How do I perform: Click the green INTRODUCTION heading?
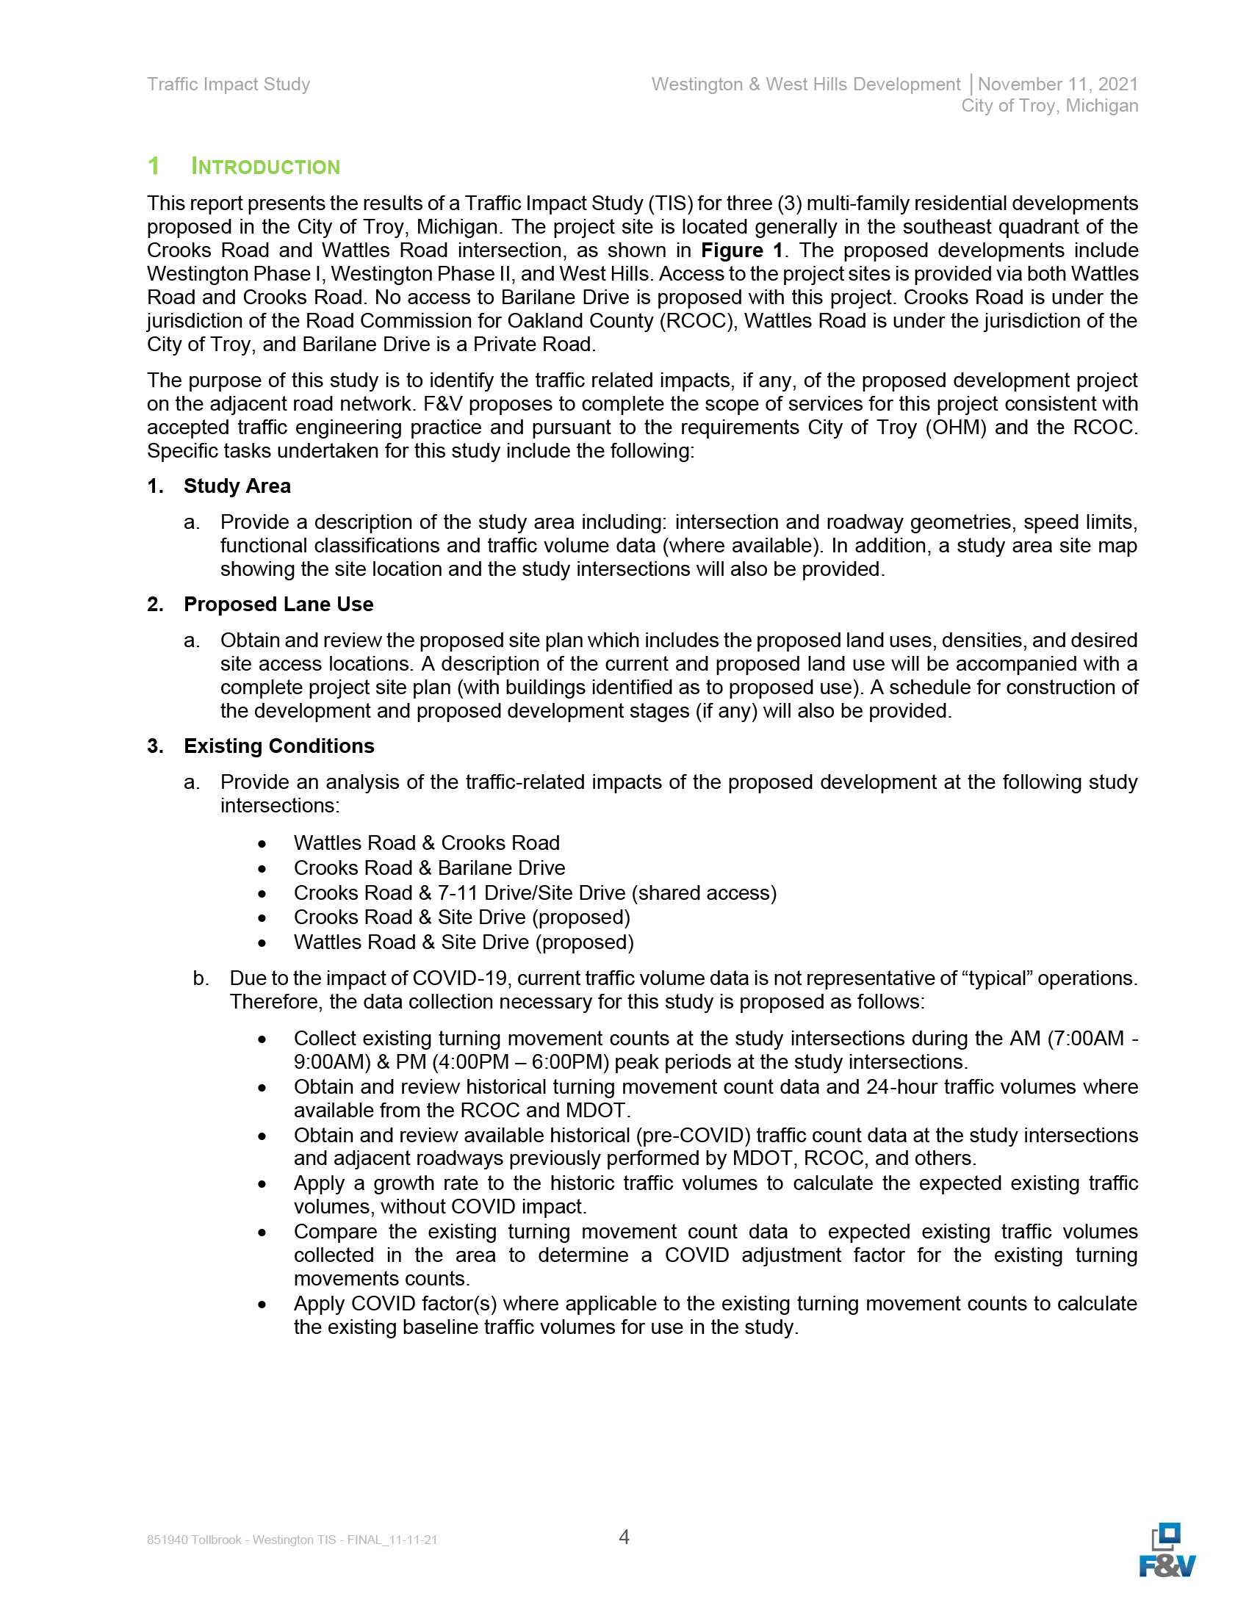tap(265, 167)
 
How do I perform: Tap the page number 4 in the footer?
tap(624, 1537)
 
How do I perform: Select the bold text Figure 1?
tap(741, 250)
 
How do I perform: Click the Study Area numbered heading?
tap(237, 486)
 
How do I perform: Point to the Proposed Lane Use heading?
tap(278, 605)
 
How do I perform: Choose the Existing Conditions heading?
tap(279, 746)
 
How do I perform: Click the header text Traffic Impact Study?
tap(228, 84)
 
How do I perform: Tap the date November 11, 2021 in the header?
tap(1057, 84)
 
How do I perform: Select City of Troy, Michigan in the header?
tap(1049, 106)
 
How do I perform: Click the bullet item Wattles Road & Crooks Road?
tap(426, 843)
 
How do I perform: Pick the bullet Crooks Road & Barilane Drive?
tap(429, 868)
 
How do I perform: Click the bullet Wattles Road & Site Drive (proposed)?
tap(463, 942)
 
